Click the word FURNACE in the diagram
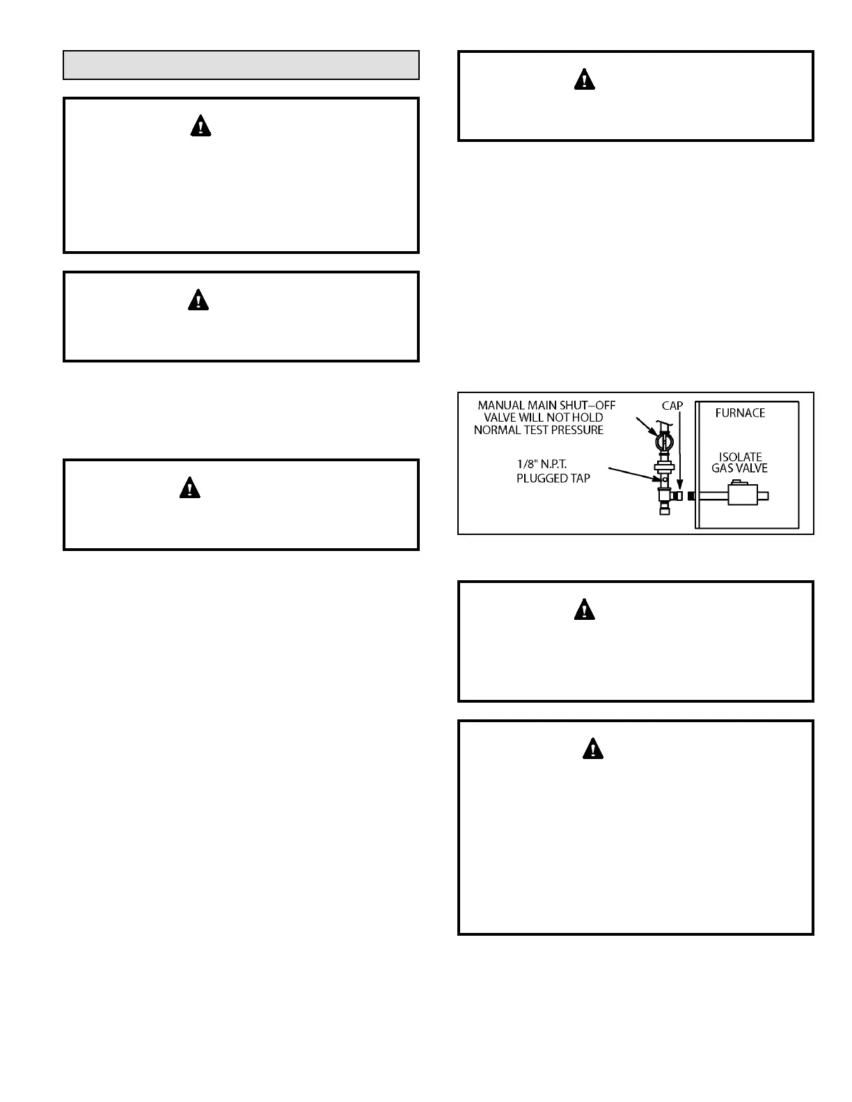pos(740,413)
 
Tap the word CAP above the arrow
pos(672,406)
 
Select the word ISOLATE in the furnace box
pos(740,457)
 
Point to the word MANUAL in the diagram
pos(501,406)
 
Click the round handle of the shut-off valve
pos(664,442)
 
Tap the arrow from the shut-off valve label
pos(645,425)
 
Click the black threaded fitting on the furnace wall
pos(691,496)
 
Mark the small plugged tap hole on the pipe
pos(665,479)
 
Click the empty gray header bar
pos(241,65)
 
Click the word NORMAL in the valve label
pos(495,430)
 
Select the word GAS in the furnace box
pos(723,468)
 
